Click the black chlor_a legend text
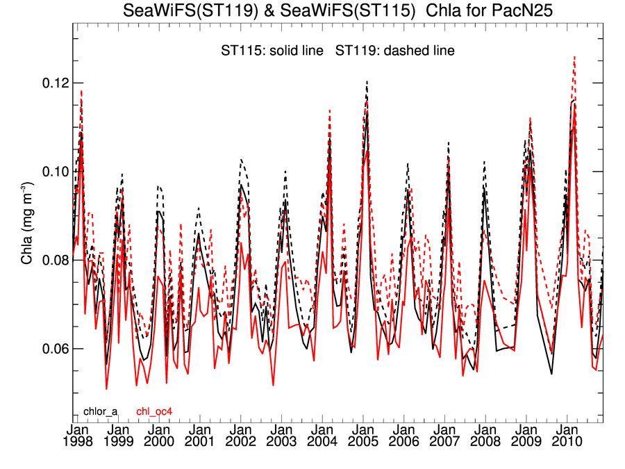pyautogui.click(x=100, y=412)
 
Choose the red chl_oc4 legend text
pyautogui.click(x=154, y=412)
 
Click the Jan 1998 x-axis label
pyautogui.click(x=76, y=435)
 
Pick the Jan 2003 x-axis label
pyautogui.click(x=281, y=435)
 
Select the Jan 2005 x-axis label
pyautogui.click(x=362, y=435)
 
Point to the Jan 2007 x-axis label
pyautogui.click(x=444, y=435)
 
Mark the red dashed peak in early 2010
pyautogui.click(x=574, y=58)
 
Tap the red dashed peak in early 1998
pyautogui.click(x=81, y=91)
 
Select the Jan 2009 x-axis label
pyautogui.click(x=526, y=435)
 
